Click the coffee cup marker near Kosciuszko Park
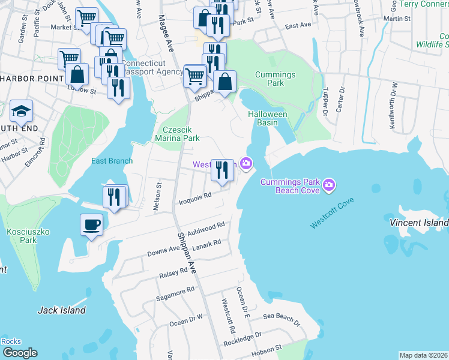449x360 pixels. click(x=91, y=226)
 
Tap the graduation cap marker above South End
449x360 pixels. click(x=22, y=112)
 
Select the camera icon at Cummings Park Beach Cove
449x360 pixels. click(x=328, y=185)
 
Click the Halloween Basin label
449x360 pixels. click(x=268, y=118)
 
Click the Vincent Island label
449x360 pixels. click(x=419, y=223)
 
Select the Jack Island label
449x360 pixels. click(x=61, y=310)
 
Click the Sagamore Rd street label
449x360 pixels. click(x=175, y=292)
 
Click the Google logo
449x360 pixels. click(x=20, y=353)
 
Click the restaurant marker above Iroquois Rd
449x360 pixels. click(x=222, y=171)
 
